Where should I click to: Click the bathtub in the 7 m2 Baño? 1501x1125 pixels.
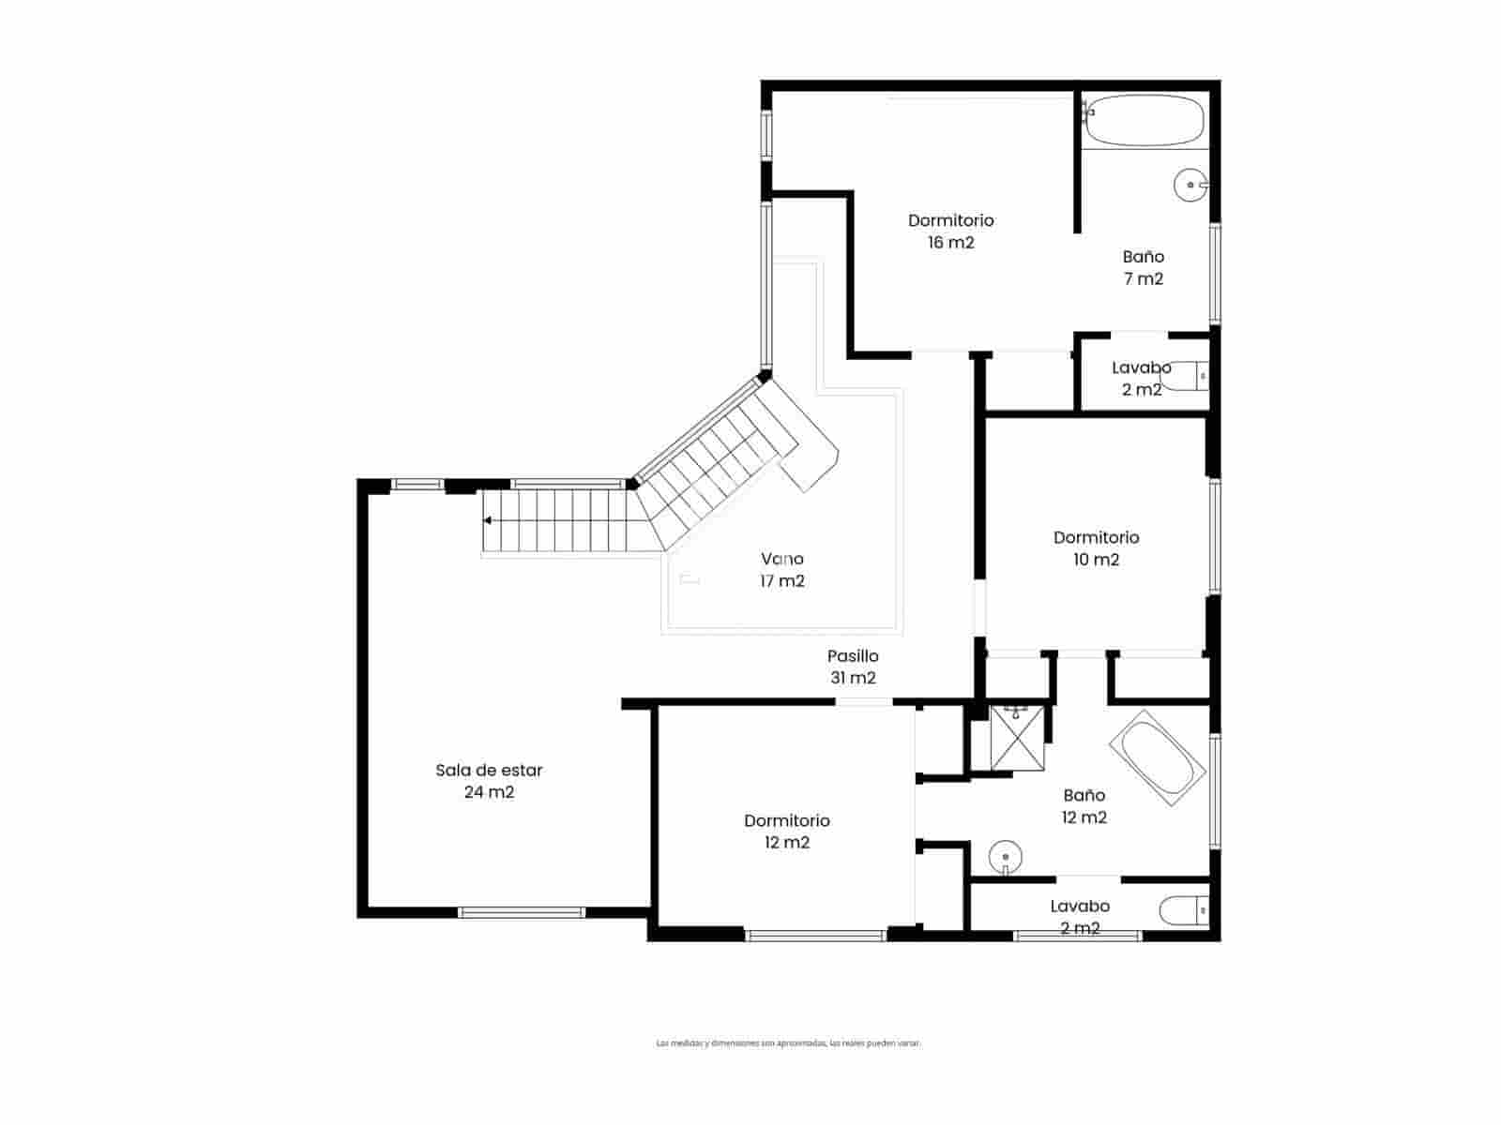click(1144, 120)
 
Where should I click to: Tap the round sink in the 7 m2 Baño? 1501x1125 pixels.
click(1190, 185)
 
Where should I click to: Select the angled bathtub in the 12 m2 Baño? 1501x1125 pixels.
click(1157, 758)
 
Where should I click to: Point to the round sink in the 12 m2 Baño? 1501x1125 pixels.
click(1005, 857)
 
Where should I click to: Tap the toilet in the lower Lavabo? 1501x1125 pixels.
click(1184, 909)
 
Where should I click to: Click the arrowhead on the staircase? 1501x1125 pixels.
click(488, 520)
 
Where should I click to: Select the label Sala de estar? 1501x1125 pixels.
click(489, 770)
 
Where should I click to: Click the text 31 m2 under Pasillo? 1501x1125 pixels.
click(853, 678)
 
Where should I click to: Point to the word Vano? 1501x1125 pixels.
click(781, 559)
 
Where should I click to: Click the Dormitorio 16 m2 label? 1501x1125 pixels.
click(950, 231)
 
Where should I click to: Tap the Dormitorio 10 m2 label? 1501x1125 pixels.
click(1096, 547)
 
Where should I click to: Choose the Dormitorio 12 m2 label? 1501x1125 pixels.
click(786, 831)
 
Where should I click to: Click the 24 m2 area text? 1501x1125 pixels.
click(489, 792)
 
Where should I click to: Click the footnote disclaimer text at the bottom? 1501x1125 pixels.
click(788, 1042)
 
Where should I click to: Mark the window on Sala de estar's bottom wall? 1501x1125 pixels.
click(522, 911)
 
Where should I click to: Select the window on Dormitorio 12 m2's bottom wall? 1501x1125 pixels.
click(815, 935)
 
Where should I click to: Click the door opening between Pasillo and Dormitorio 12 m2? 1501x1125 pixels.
click(864, 701)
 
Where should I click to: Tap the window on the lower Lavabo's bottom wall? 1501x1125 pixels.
click(1078, 935)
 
